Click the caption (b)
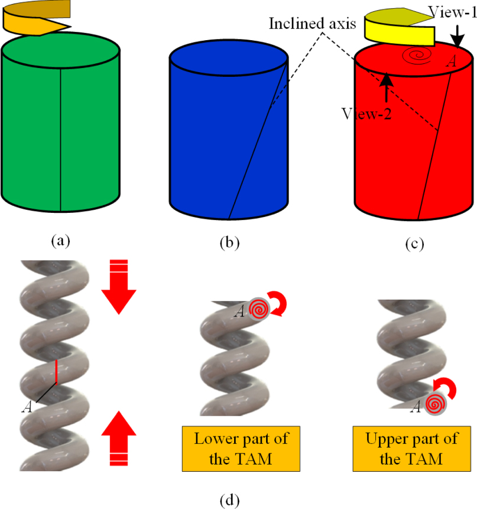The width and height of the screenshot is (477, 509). pos(229,241)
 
